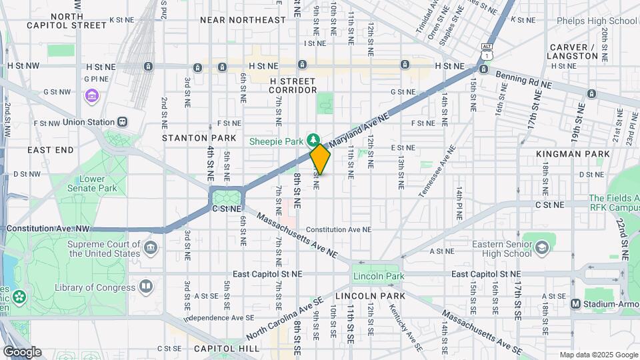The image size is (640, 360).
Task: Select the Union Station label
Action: click(x=89, y=123)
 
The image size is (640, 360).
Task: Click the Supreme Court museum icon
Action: click(x=151, y=249)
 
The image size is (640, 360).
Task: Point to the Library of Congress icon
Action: click(x=146, y=287)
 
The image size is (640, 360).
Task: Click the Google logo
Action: click(x=22, y=352)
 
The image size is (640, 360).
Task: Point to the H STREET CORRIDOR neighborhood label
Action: click(x=293, y=85)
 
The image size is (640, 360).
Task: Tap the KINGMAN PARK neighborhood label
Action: click(x=573, y=154)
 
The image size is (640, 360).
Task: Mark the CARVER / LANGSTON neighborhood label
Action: click(x=573, y=51)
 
